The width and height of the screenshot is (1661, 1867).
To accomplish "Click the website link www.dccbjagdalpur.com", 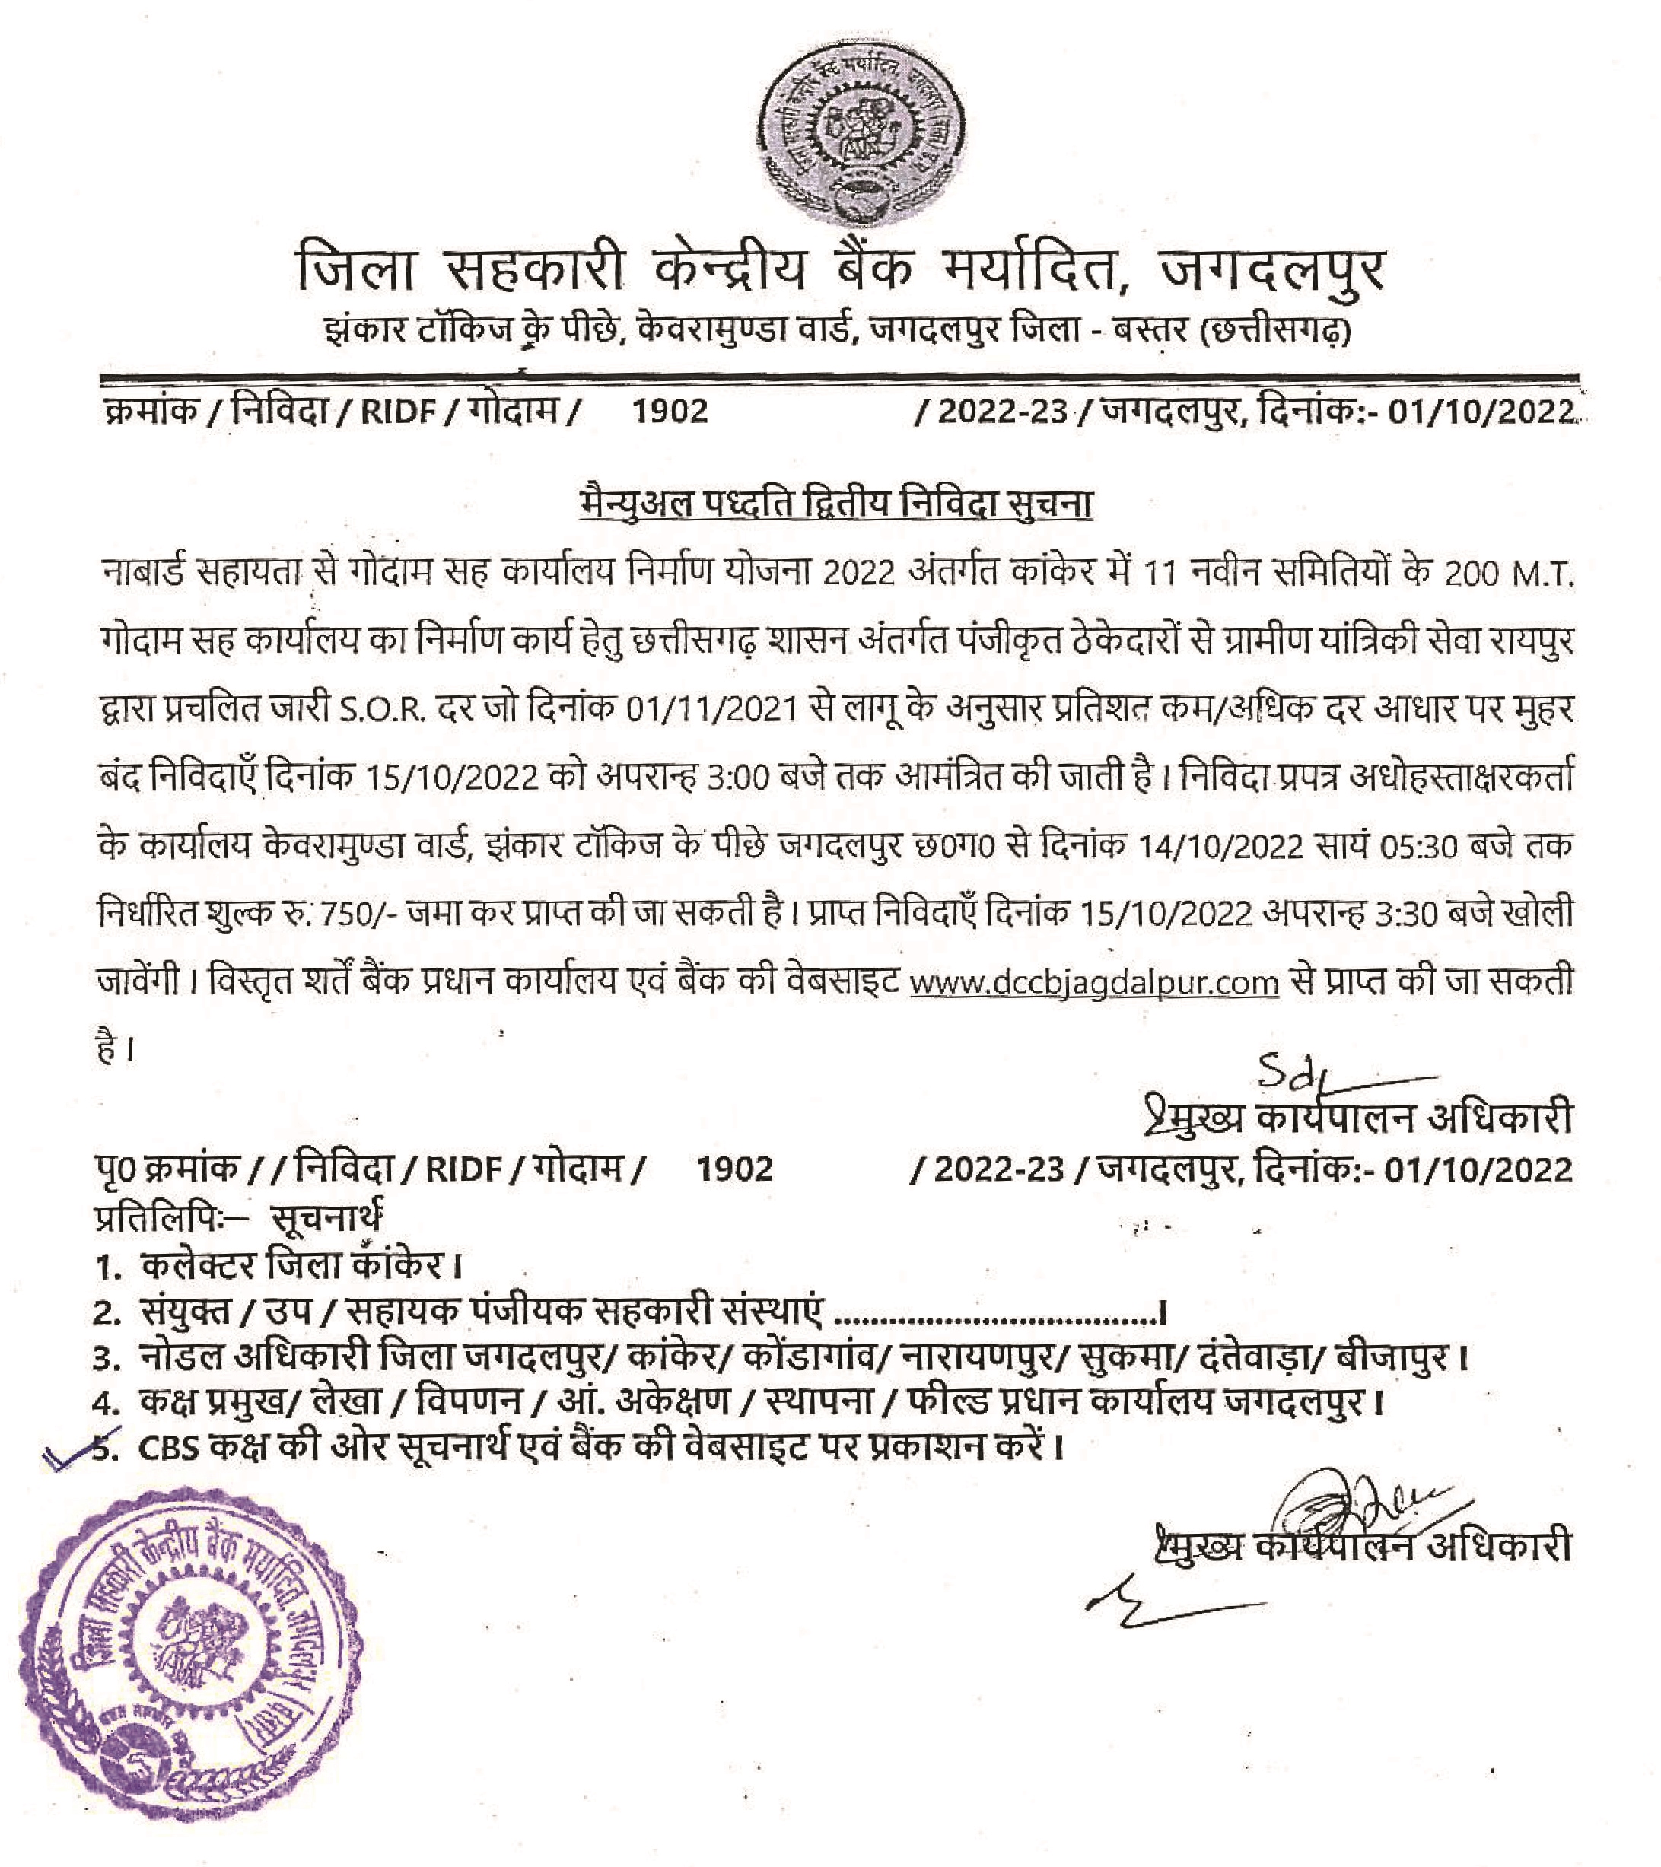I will coord(1095,983).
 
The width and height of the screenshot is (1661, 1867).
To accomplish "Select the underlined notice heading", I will coord(836,504).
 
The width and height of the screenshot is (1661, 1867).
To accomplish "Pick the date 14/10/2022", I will coord(1220,847).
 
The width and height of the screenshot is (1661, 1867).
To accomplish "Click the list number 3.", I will coord(108,1359).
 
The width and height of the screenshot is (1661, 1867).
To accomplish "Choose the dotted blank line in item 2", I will coord(996,1315).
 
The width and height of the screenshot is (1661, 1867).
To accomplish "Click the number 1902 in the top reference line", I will coord(672,411).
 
